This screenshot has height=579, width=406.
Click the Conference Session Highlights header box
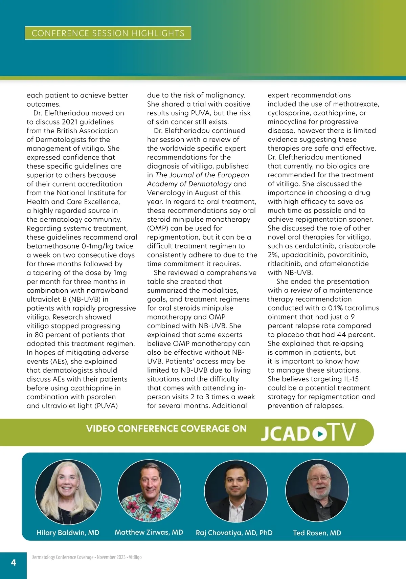[x=108, y=33]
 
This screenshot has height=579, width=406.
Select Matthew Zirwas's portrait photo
[x=149, y=491]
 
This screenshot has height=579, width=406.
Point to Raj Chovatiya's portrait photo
[x=236, y=491]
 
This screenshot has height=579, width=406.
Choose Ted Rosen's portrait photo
[x=317, y=491]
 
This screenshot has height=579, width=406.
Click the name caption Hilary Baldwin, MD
[x=68, y=533]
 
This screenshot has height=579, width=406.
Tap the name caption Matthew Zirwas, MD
[x=149, y=532]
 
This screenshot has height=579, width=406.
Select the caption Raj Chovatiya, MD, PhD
[x=234, y=533]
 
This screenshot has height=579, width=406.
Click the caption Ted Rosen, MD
[x=317, y=533]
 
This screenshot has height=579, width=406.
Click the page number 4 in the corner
[x=14, y=562]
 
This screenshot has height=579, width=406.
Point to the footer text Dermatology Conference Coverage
[x=62, y=557]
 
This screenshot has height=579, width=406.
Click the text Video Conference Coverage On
[x=166, y=428]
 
